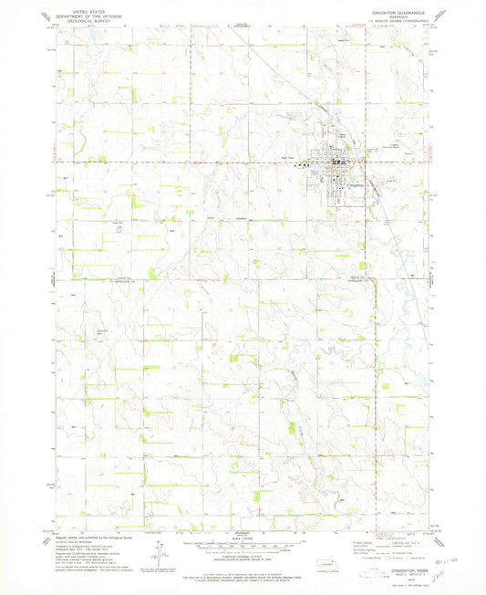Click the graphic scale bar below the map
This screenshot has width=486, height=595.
coord(243,544)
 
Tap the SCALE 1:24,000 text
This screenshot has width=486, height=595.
coord(243,538)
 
